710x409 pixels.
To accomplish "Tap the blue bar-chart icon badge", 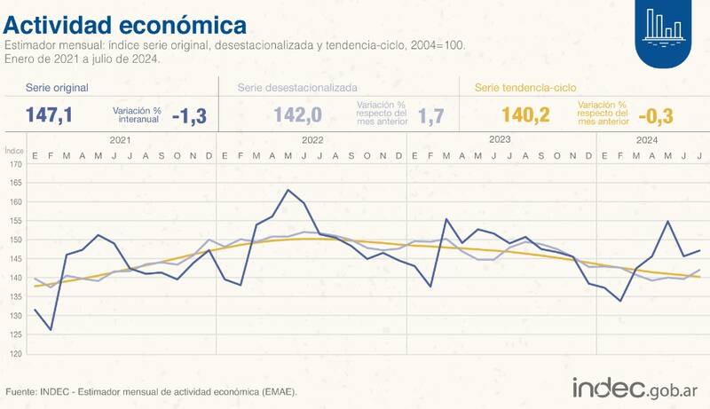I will (664, 30).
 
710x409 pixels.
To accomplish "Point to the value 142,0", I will (298, 115).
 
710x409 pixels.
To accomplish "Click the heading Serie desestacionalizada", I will (297, 89).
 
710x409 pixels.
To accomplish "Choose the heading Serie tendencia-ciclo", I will (525, 89).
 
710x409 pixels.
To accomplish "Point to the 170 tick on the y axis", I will (16, 164).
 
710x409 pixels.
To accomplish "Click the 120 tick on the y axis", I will (16, 353).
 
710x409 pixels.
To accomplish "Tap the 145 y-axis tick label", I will (16, 258).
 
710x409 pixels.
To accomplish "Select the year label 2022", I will (312, 140).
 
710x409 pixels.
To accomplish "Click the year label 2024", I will (647, 140).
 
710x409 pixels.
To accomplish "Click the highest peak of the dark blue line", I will (288, 190).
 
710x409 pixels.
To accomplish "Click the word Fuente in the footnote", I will (21, 391).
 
